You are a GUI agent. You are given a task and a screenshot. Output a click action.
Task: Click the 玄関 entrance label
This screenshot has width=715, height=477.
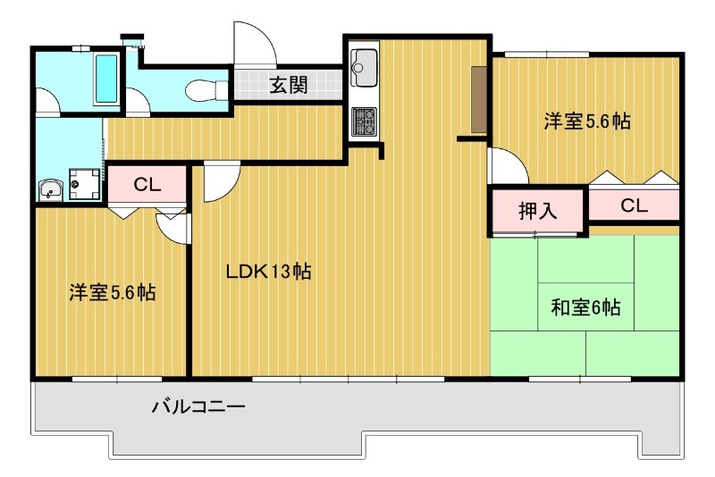pyautogui.click(x=289, y=87)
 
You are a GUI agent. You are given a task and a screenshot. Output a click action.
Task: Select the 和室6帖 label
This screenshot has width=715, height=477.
pyautogui.click(x=585, y=308)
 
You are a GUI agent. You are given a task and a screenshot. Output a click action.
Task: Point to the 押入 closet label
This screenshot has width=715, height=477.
pyautogui.click(x=538, y=212)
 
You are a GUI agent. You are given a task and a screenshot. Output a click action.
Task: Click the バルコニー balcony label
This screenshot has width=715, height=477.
pyautogui.click(x=198, y=407)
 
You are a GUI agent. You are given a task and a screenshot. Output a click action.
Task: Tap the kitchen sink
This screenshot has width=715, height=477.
pyautogui.click(x=365, y=64)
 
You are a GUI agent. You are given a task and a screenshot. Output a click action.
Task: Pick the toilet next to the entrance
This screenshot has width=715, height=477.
pyautogui.click(x=203, y=88)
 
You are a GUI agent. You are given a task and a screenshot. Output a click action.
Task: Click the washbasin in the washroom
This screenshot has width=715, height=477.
pyautogui.click(x=50, y=188)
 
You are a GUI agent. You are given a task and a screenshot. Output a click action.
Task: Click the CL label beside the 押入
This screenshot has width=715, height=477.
pyautogui.click(x=634, y=206)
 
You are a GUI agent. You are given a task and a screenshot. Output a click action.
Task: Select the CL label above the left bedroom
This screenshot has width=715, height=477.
pyautogui.click(x=147, y=186)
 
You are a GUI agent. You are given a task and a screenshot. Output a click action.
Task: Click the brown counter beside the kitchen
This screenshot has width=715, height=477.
pyautogui.click(x=478, y=100)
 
